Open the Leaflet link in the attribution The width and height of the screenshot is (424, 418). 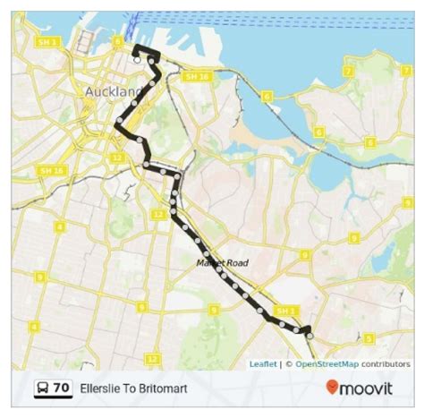[x=262, y=364]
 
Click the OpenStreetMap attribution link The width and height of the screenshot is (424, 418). [x=326, y=364]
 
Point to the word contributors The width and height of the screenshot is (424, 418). [x=386, y=364]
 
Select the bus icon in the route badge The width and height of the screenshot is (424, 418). [x=42, y=388]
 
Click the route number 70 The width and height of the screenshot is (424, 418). [x=60, y=388]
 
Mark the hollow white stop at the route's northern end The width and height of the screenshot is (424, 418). [x=136, y=60]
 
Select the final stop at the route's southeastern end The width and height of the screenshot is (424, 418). [x=310, y=337]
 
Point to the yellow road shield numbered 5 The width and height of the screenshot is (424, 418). [x=369, y=339]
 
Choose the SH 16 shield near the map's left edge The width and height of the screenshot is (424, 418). [x=52, y=170]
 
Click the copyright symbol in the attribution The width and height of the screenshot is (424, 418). [x=288, y=364]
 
